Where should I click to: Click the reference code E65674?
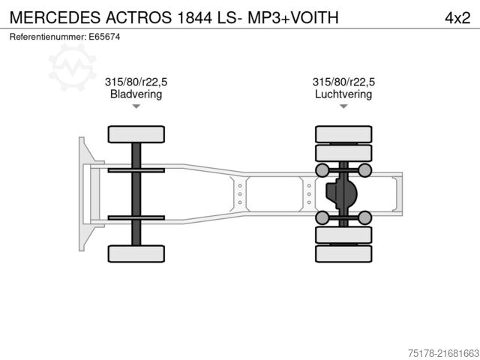[x=104, y=36]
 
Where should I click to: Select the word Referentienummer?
[x=47, y=36]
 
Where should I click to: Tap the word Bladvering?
[x=136, y=94]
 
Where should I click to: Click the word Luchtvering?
[x=343, y=94]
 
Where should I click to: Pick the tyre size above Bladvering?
[x=136, y=82]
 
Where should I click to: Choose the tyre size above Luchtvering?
[x=343, y=82]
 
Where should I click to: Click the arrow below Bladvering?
[x=136, y=107]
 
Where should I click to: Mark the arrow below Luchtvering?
[x=343, y=107]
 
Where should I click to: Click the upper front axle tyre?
[x=136, y=134]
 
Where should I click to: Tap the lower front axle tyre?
[x=136, y=253]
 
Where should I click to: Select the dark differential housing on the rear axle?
[x=341, y=193]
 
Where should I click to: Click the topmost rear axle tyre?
[x=343, y=134]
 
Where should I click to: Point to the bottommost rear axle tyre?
[x=343, y=253]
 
